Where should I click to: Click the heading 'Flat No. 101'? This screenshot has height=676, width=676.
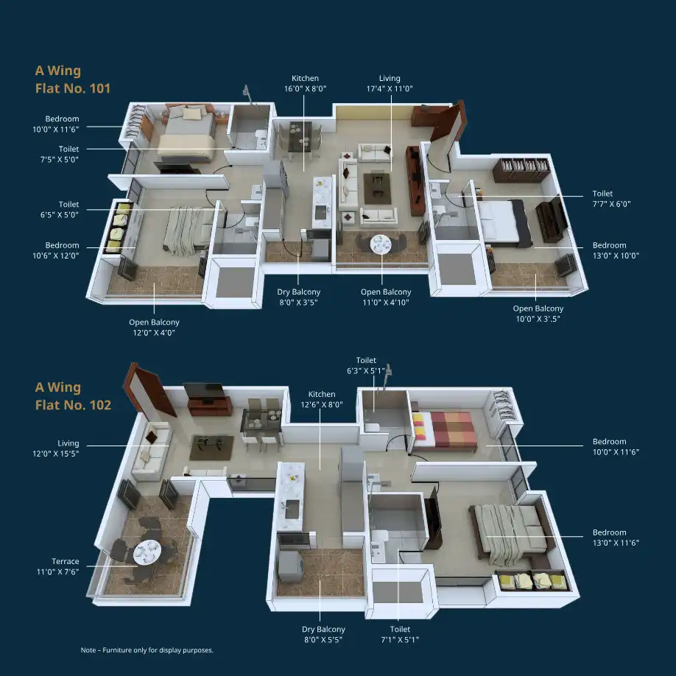(x=73, y=88)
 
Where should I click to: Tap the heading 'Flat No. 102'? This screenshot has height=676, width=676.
(x=74, y=405)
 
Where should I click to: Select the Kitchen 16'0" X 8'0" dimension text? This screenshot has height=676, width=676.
(x=306, y=83)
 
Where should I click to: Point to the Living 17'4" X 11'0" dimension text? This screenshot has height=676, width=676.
(x=390, y=83)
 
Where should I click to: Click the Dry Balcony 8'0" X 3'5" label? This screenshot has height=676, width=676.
(x=299, y=297)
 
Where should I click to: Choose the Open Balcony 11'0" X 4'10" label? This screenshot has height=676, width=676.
(x=386, y=297)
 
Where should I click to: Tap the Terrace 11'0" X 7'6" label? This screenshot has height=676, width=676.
(x=57, y=566)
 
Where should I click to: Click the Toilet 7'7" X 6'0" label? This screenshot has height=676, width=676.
(x=611, y=199)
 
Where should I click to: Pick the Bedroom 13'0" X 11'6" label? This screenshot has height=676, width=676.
(x=616, y=537)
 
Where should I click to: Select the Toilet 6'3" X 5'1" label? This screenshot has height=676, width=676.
(x=366, y=365)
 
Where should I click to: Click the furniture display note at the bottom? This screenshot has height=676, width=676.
(x=147, y=649)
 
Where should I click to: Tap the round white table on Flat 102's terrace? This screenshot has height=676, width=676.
(x=147, y=552)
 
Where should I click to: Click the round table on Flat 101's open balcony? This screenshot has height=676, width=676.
(x=381, y=244)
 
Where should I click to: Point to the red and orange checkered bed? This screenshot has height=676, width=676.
(x=444, y=430)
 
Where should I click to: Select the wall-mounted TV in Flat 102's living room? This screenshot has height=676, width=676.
(x=205, y=391)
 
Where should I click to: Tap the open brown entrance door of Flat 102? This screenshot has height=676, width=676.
(x=149, y=390)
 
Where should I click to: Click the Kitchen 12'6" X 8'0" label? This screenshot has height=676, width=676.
(x=322, y=399)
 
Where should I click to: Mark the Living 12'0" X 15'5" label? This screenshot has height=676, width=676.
(x=56, y=448)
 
